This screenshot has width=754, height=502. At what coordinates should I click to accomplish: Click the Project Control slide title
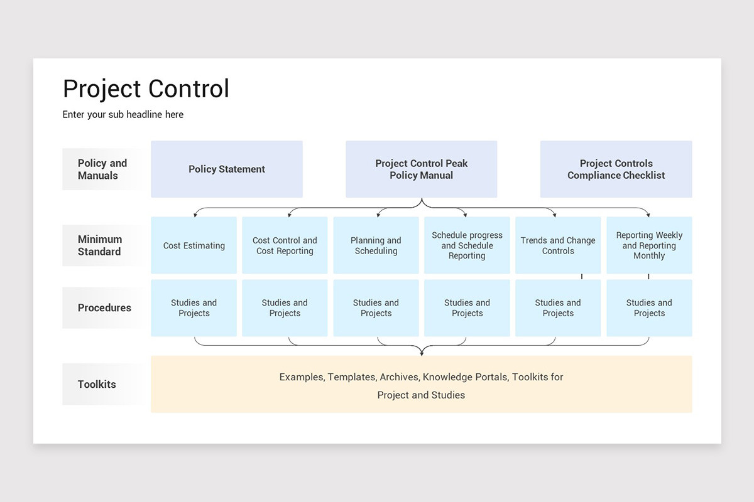[x=146, y=89]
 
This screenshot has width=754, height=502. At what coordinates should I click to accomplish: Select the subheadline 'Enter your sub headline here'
[x=123, y=114]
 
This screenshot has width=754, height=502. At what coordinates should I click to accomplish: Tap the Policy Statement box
[x=227, y=169]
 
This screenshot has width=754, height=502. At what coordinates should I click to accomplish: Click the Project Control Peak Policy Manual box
[x=421, y=169]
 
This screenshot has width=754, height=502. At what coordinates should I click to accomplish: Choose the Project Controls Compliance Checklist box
[x=616, y=169]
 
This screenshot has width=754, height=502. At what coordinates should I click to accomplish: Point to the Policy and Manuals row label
[x=102, y=169]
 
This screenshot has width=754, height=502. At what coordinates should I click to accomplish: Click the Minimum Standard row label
[x=100, y=245]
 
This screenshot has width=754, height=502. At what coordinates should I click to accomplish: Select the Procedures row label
[x=104, y=307]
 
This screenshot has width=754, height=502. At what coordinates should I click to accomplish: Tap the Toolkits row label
[x=97, y=384]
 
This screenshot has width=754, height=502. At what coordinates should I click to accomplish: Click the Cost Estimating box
[x=194, y=245]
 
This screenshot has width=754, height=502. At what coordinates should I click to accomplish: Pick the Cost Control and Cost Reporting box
[x=285, y=245]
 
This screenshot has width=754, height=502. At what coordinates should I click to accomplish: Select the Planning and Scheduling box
[x=376, y=245]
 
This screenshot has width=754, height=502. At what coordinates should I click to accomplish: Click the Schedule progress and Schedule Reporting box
[x=467, y=245]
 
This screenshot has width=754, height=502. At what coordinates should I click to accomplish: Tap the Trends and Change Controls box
[x=558, y=245]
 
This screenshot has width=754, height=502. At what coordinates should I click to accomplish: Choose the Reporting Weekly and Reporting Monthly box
[x=649, y=245]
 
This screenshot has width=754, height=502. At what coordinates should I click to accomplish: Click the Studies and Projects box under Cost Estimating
[x=194, y=307]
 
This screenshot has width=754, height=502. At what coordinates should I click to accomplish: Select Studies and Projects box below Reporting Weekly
[x=649, y=307]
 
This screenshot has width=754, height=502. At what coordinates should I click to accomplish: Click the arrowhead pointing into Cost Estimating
[x=195, y=215]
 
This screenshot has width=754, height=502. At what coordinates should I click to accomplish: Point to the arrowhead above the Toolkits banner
[x=422, y=353]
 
